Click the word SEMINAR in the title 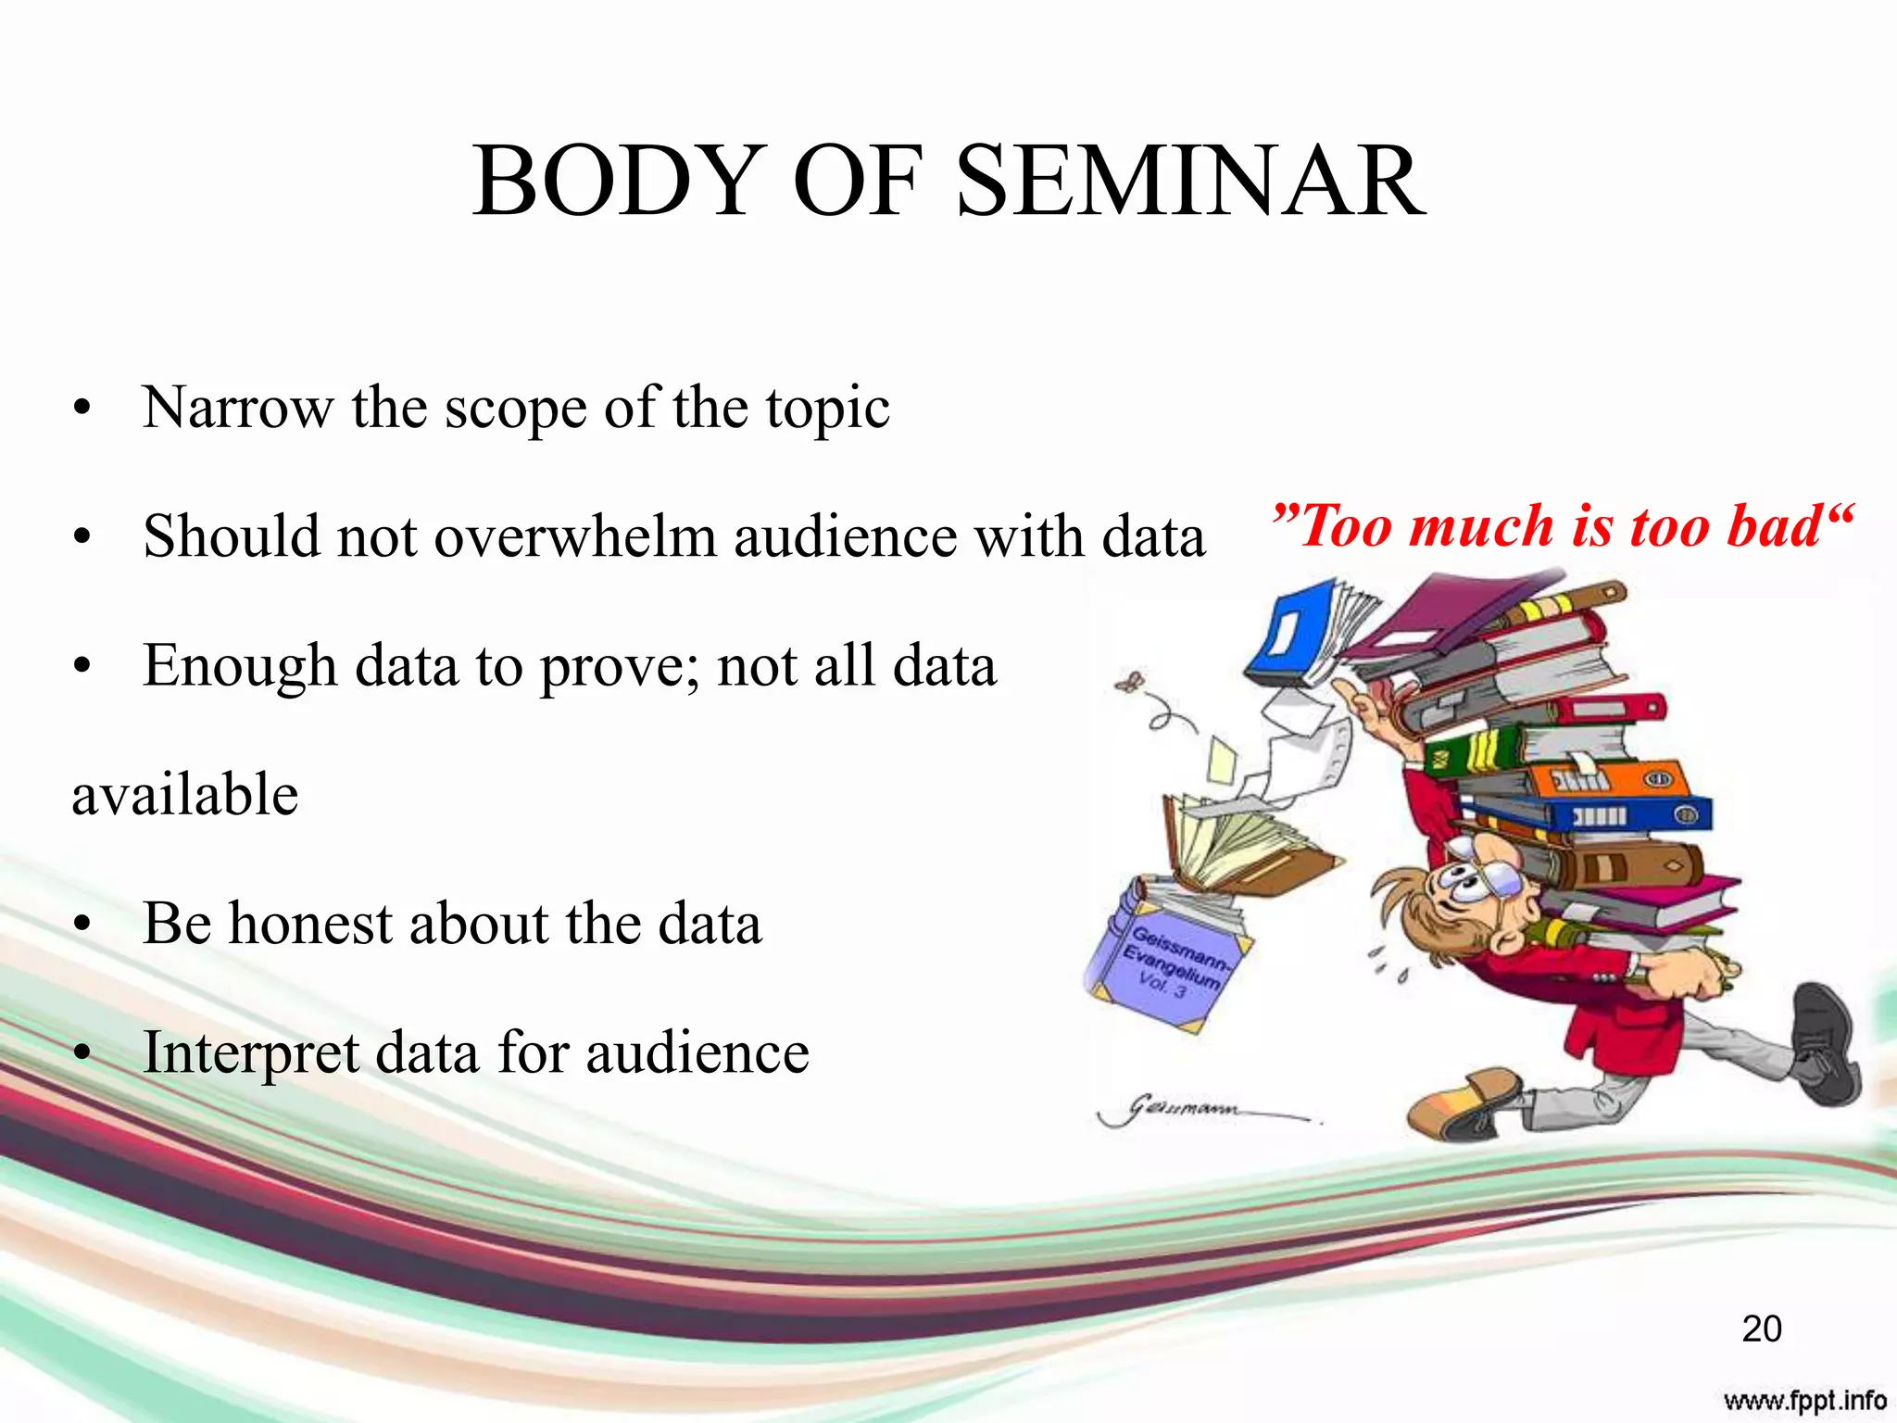tap(1190, 182)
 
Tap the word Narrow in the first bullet tap(237, 408)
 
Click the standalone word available tap(185, 795)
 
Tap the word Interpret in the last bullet tap(250, 1053)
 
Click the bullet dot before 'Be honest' tap(83, 925)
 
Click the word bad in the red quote tap(1774, 526)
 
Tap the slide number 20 tap(1761, 1329)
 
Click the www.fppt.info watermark tap(1804, 1400)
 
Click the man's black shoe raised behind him tap(1825, 1042)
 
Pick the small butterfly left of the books tap(1130, 684)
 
